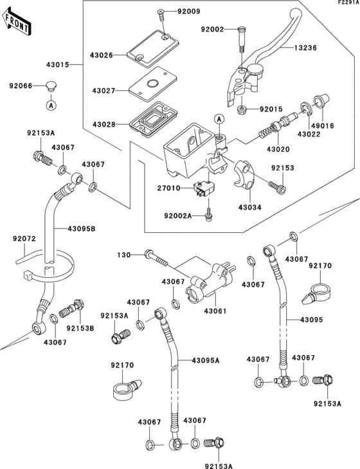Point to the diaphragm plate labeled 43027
150,84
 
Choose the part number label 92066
21,85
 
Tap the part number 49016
323,125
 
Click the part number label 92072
25,239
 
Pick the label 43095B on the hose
83,228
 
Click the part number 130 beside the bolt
123,255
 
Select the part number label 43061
217,311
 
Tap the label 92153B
81,328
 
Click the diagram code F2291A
347,3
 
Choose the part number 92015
272,110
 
